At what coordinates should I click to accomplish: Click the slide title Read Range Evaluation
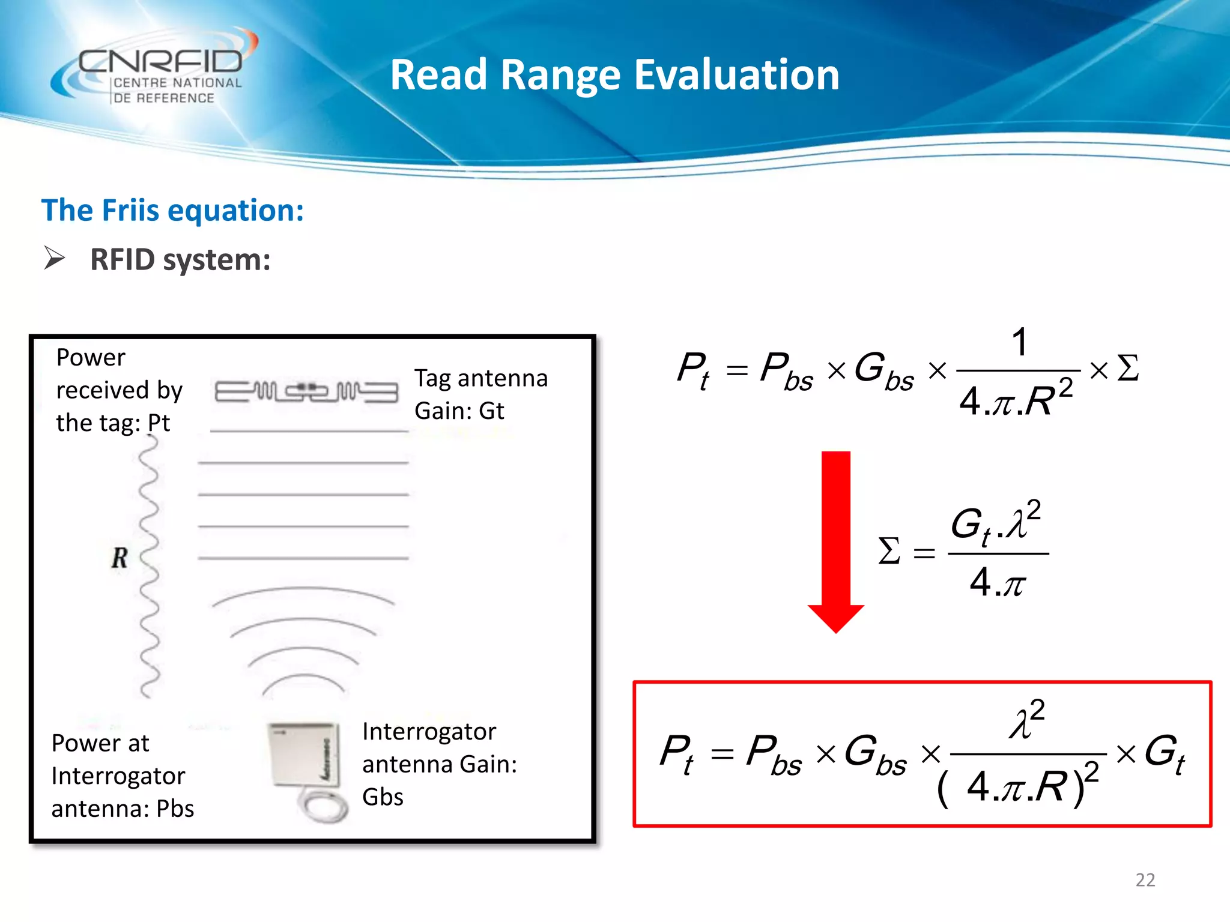[x=614, y=75]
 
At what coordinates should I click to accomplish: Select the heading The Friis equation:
[x=172, y=211]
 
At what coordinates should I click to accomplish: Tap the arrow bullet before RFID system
[x=55, y=259]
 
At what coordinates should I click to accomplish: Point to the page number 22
[x=1145, y=879]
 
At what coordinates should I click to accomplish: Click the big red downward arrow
[x=835, y=540]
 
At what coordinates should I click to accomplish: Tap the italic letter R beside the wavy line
[x=120, y=558]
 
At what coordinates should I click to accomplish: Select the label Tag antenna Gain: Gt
[x=480, y=394]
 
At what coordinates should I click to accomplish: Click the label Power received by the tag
[x=119, y=390]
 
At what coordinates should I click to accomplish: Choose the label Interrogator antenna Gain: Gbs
[x=439, y=764]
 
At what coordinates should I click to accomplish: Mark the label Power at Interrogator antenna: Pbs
[x=123, y=776]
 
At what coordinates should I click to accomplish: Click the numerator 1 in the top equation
[x=1019, y=343]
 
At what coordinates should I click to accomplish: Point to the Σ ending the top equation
[x=1127, y=368]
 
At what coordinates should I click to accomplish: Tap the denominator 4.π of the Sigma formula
[x=997, y=582]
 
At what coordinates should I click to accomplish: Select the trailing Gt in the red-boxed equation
[x=1164, y=753]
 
